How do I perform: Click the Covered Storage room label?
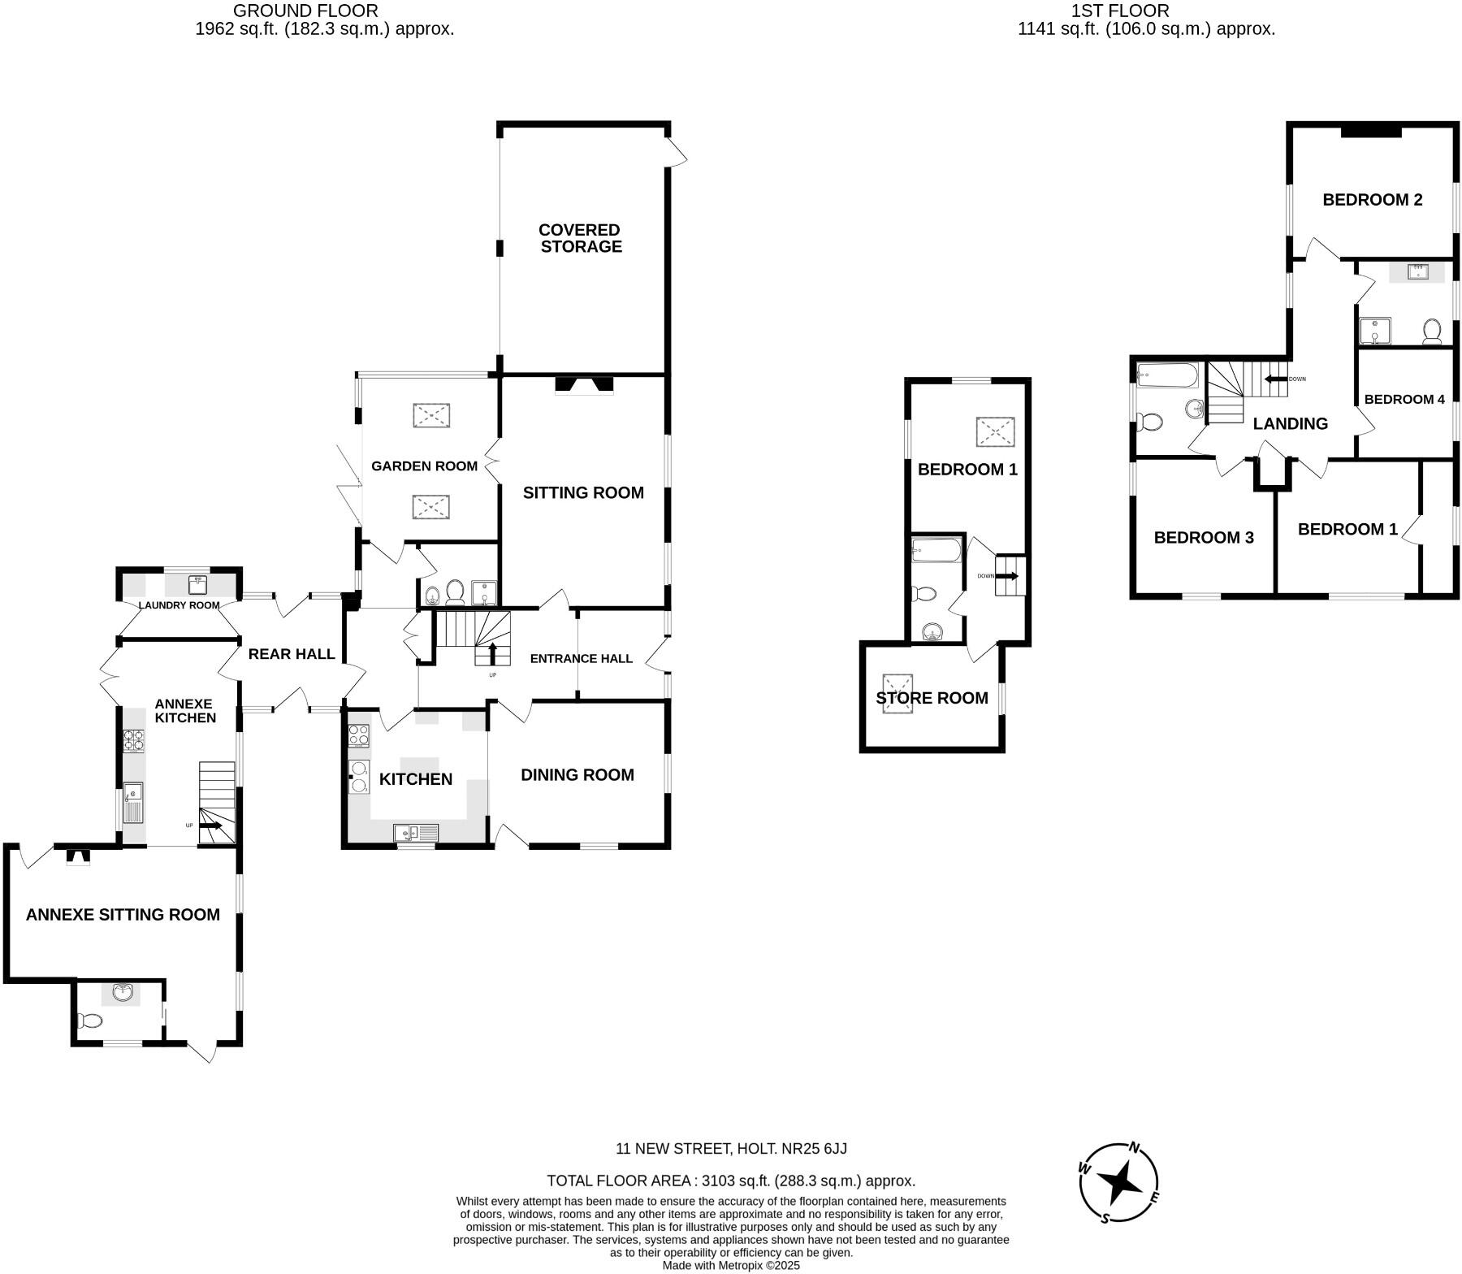[x=580, y=238]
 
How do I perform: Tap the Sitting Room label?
[x=583, y=492]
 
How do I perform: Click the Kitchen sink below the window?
[x=415, y=832]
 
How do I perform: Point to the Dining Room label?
[x=577, y=775]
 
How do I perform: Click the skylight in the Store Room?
[x=897, y=693]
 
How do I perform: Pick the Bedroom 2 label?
[x=1372, y=200]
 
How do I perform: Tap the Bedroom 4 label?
[x=1404, y=399]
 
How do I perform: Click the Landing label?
[x=1290, y=423]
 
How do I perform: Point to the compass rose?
[x=1119, y=1182]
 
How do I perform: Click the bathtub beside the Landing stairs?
[x=1166, y=375]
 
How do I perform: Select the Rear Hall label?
[x=291, y=654]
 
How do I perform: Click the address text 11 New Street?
[x=731, y=1149]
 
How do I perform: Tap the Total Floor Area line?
[x=731, y=1181]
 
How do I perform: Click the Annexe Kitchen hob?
[x=134, y=739]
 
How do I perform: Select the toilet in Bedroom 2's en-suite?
[x=1432, y=331]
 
